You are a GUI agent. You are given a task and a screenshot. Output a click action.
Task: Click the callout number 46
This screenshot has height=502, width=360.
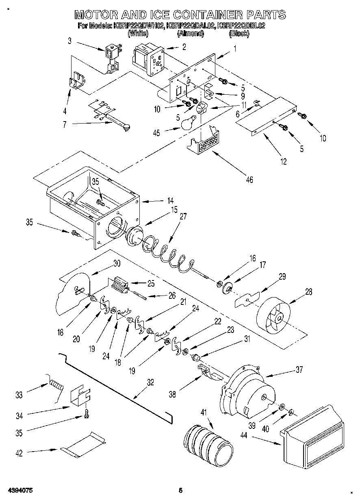[x=250, y=179]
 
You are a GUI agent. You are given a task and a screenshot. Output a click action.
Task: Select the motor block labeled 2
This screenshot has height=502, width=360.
[x=148, y=60]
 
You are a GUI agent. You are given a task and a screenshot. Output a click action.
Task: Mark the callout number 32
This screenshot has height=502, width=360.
[x=150, y=382]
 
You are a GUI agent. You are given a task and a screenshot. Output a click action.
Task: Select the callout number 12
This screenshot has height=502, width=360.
[x=283, y=161]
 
